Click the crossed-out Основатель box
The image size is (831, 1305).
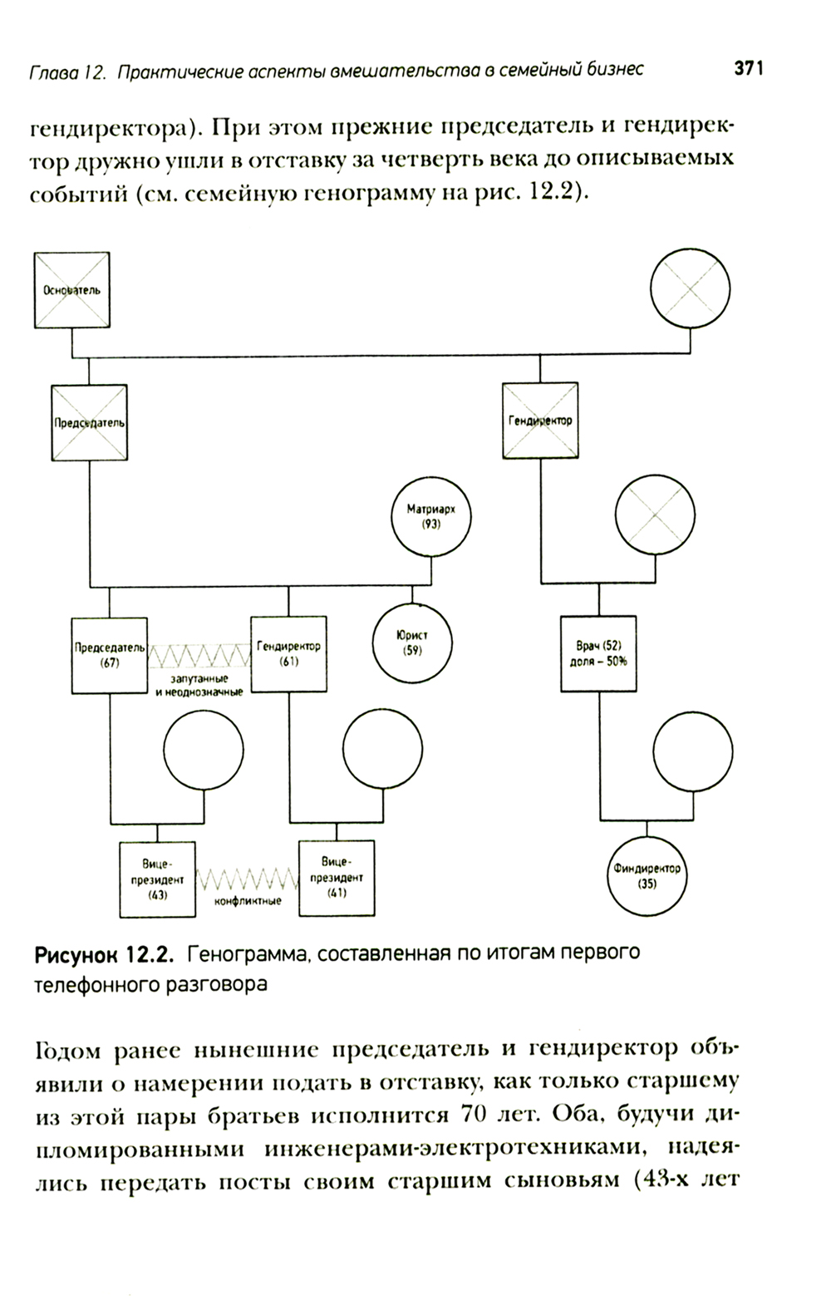coord(71,290)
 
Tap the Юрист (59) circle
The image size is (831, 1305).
coord(412,644)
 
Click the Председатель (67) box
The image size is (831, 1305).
coord(110,655)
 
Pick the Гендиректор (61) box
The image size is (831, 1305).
coord(289,654)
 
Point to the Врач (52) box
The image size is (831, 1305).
coord(598,654)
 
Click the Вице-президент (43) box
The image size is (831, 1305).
coord(158,879)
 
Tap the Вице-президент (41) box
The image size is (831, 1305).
coord(337,877)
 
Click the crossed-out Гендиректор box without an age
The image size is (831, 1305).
coord(540,421)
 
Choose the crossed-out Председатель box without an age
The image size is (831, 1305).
coord(89,422)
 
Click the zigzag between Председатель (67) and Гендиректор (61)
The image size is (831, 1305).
coord(199,656)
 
